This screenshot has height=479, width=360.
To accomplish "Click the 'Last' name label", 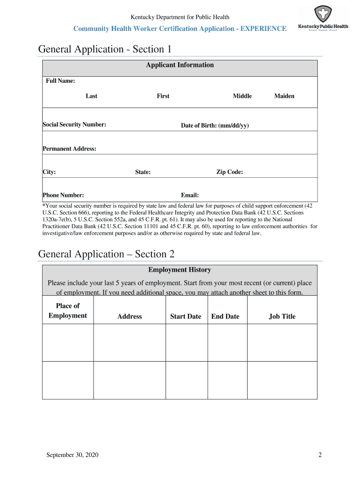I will pyautogui.click(x=92, y=96).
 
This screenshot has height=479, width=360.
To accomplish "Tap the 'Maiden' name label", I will pyautogui.click(x=284, y=96).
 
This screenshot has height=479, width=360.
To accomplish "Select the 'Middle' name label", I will pyautogui.click(x=242, y=96).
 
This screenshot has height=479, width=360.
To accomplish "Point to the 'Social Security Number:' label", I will pyautogui.click(x=74, y=124).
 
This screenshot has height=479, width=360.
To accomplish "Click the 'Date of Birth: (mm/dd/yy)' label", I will pyautogui.click(x=215, y=125).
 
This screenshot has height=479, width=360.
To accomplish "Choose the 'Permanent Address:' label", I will pyautogui.click(x=69, y=149).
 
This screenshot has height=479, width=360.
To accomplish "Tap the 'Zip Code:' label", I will pyautogui.click(x=229, y=172).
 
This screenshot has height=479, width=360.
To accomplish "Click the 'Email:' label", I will pyautogui.click(x=190, y=195).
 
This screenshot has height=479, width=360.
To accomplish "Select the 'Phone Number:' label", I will pyautogui.click(x=63, y=195).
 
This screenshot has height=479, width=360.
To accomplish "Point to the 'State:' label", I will pyautogui.click(x=143, y=172).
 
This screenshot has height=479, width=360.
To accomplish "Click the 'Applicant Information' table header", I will pyautogui.click(x=180, y=65).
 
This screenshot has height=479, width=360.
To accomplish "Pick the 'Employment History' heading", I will pyautogui.click(x=180, y=270).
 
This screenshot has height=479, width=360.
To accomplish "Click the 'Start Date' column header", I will pyautogui.click(x=186, y=316).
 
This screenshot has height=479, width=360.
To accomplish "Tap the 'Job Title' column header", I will pyautogui.click(x=282, y=316).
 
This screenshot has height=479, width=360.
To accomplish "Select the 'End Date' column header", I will pyautogui.click(x=225, y=316).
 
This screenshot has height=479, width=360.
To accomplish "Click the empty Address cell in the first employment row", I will pyautogui.click(x=130, y=342).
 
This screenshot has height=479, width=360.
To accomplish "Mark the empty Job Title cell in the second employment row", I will pyautogui.click(x=282, y=380).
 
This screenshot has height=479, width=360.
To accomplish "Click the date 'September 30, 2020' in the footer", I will pyautogui.click(x=72, y=455).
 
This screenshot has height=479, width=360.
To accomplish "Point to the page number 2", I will pyautogui.click(x=320, y=455).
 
